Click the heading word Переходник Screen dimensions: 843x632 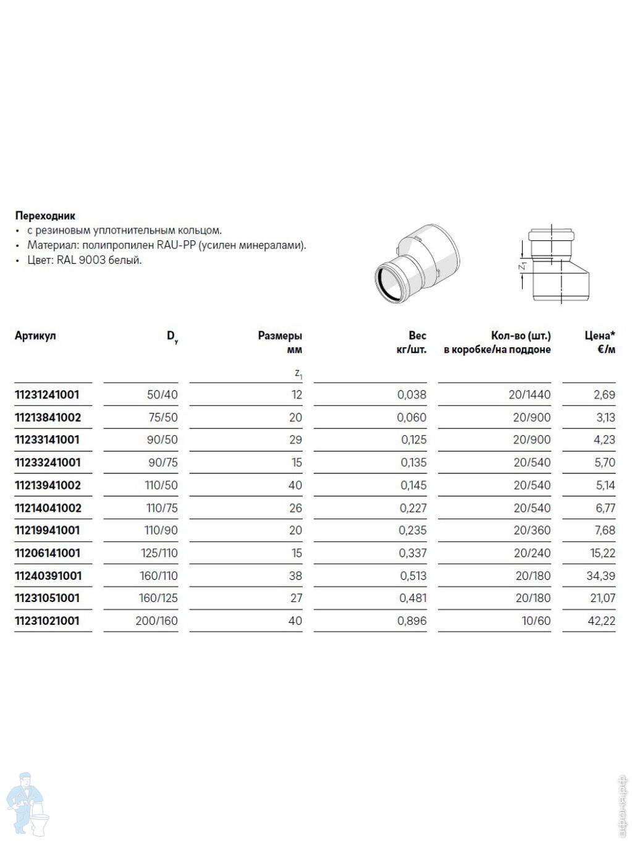(45, 216)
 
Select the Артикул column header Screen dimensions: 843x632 (35, 336)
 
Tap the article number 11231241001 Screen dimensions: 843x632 (47, 394)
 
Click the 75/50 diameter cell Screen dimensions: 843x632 (163, 417)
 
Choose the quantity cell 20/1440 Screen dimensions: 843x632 (529, 394)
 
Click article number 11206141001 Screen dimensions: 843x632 (47, 553)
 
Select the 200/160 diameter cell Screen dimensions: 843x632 (157, 621)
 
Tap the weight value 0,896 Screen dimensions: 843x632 (412, 621)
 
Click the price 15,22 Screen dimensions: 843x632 (600, 553)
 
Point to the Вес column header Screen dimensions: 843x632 (417, 336)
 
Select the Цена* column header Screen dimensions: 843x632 (600, 336)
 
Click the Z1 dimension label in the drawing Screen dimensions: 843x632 (522, 266)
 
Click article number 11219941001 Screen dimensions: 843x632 (47, 530)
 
